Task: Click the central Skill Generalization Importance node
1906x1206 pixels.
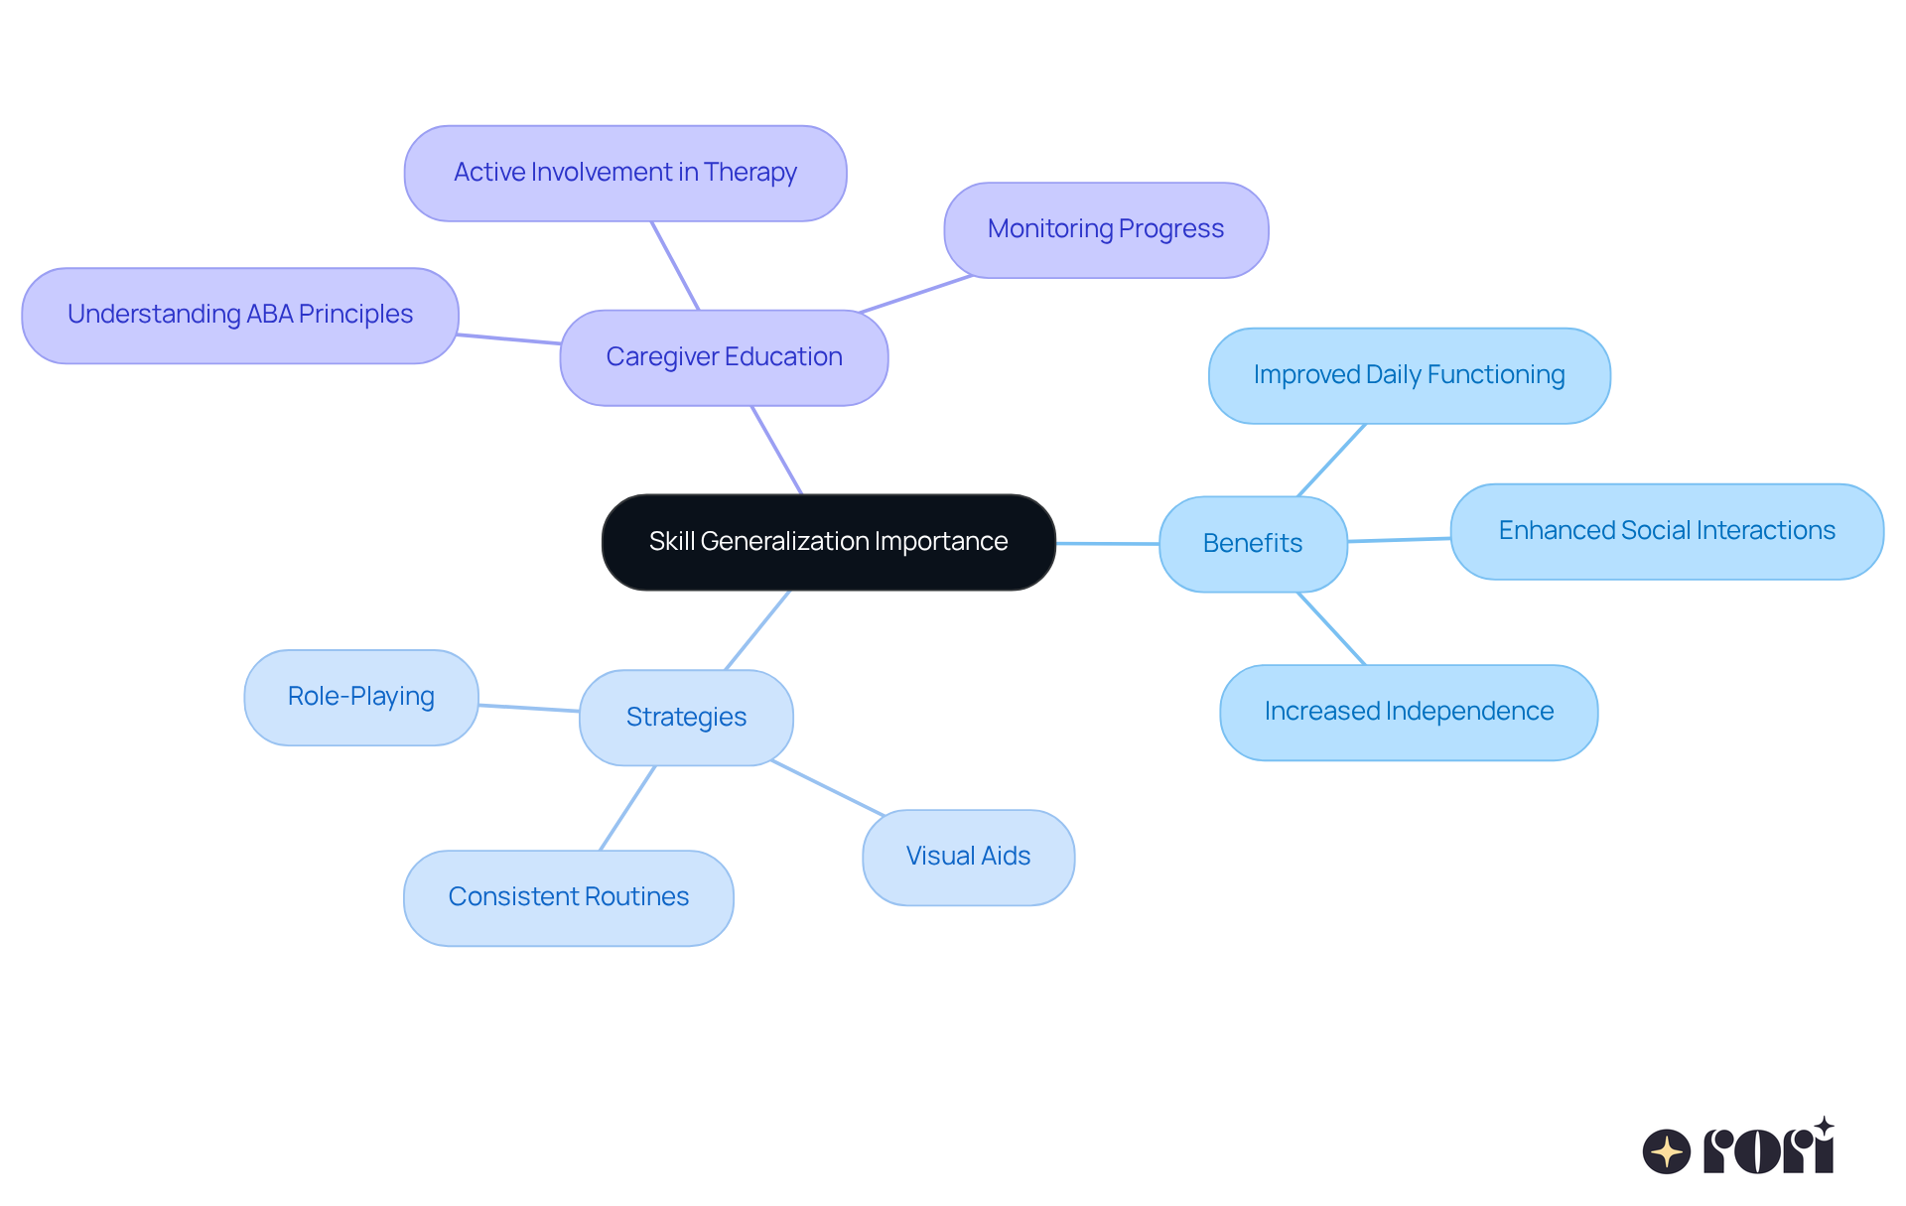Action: (828, 542)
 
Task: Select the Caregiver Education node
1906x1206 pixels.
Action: (724, 357)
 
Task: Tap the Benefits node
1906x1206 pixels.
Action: (1253, 544)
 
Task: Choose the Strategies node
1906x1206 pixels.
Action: (686, 717)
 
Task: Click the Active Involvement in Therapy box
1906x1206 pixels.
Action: (625, 173)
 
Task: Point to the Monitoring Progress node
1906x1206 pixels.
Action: (1106, 229)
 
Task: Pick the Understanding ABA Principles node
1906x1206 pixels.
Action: (240, 315)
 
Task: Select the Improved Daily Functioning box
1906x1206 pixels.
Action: (1409, 375)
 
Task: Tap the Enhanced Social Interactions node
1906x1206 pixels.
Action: (1667, 531)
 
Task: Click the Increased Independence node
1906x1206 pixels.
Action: (1409, 712)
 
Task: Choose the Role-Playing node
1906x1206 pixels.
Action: (361, 697)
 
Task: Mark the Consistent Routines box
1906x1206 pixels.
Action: (569, 897)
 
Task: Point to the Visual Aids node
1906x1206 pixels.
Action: (968, 857)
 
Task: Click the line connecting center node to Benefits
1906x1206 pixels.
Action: (1107, 543)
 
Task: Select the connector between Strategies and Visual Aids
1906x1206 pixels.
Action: (828, 788)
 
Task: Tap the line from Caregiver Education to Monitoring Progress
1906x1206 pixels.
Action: (915, 294)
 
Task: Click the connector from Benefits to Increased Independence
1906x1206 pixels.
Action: (1331, 628)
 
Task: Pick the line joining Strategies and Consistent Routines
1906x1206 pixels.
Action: (627, 807)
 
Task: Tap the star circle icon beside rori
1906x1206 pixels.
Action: (1667, 1151)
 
